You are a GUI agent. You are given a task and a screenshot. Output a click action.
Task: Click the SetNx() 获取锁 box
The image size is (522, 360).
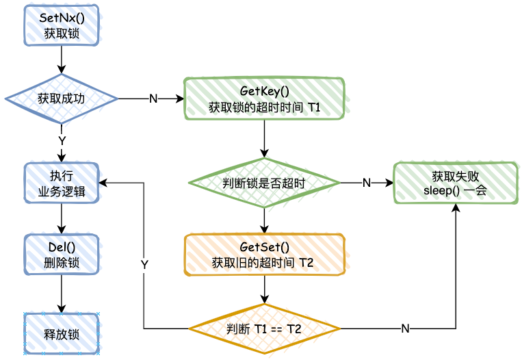62,25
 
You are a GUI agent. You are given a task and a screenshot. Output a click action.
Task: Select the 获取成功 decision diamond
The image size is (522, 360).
62,99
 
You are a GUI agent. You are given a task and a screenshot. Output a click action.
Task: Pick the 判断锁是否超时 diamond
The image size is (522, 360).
265,183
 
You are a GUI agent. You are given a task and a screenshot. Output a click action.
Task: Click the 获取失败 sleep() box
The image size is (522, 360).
455,183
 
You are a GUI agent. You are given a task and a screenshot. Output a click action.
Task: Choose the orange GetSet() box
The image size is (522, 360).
265,255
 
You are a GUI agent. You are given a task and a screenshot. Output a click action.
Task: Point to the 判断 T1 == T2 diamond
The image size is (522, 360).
265,329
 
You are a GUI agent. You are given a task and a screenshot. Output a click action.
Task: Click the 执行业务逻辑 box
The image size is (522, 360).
62,183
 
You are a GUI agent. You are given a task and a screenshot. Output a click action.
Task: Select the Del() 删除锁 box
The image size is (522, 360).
62,255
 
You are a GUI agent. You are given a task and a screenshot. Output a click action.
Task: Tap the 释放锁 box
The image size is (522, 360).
62,335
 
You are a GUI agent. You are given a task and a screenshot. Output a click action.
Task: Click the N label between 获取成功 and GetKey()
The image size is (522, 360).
153,99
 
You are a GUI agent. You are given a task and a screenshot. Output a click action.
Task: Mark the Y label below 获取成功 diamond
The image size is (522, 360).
62,140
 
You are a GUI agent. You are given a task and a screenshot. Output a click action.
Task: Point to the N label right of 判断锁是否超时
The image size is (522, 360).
366,183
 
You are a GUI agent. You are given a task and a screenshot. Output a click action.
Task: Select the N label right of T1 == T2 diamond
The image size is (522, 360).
405,329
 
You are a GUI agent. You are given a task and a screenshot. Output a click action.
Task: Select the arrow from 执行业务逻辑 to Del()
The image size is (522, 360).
62,218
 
